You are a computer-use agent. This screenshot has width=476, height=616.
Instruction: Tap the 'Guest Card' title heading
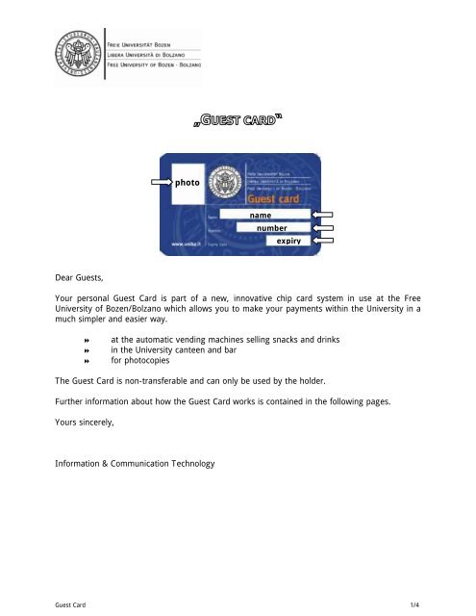[238, 121]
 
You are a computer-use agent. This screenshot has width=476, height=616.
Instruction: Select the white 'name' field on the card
[260, 216]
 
